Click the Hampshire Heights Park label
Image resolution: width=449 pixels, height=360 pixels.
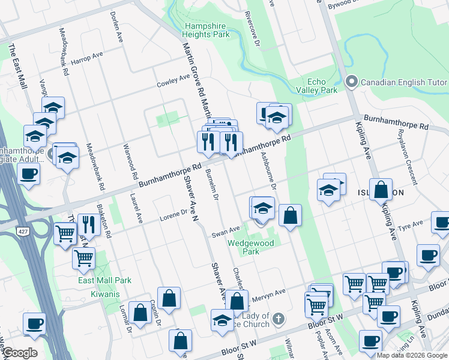tap(207, 31)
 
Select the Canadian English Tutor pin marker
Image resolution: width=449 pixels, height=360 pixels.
tap(352, 81)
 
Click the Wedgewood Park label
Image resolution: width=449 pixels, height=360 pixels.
tap(250, 247)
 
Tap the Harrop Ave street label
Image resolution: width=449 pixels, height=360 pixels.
tap(88, 58)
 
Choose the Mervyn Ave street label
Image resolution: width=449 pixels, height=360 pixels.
tap(268, 294)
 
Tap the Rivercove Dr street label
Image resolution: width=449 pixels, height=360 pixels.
tap(253, 26)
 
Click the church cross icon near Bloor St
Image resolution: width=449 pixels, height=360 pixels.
tap(279, 318)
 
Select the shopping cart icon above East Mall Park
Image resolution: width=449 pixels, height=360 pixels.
tap(83, 258)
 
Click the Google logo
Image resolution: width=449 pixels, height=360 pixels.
tap(20, 353)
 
